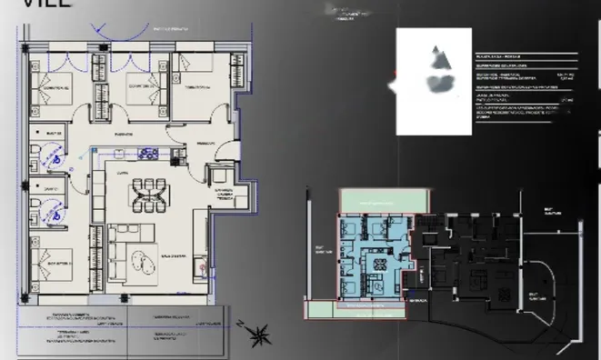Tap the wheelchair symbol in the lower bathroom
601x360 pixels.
(x=55, y=211)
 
